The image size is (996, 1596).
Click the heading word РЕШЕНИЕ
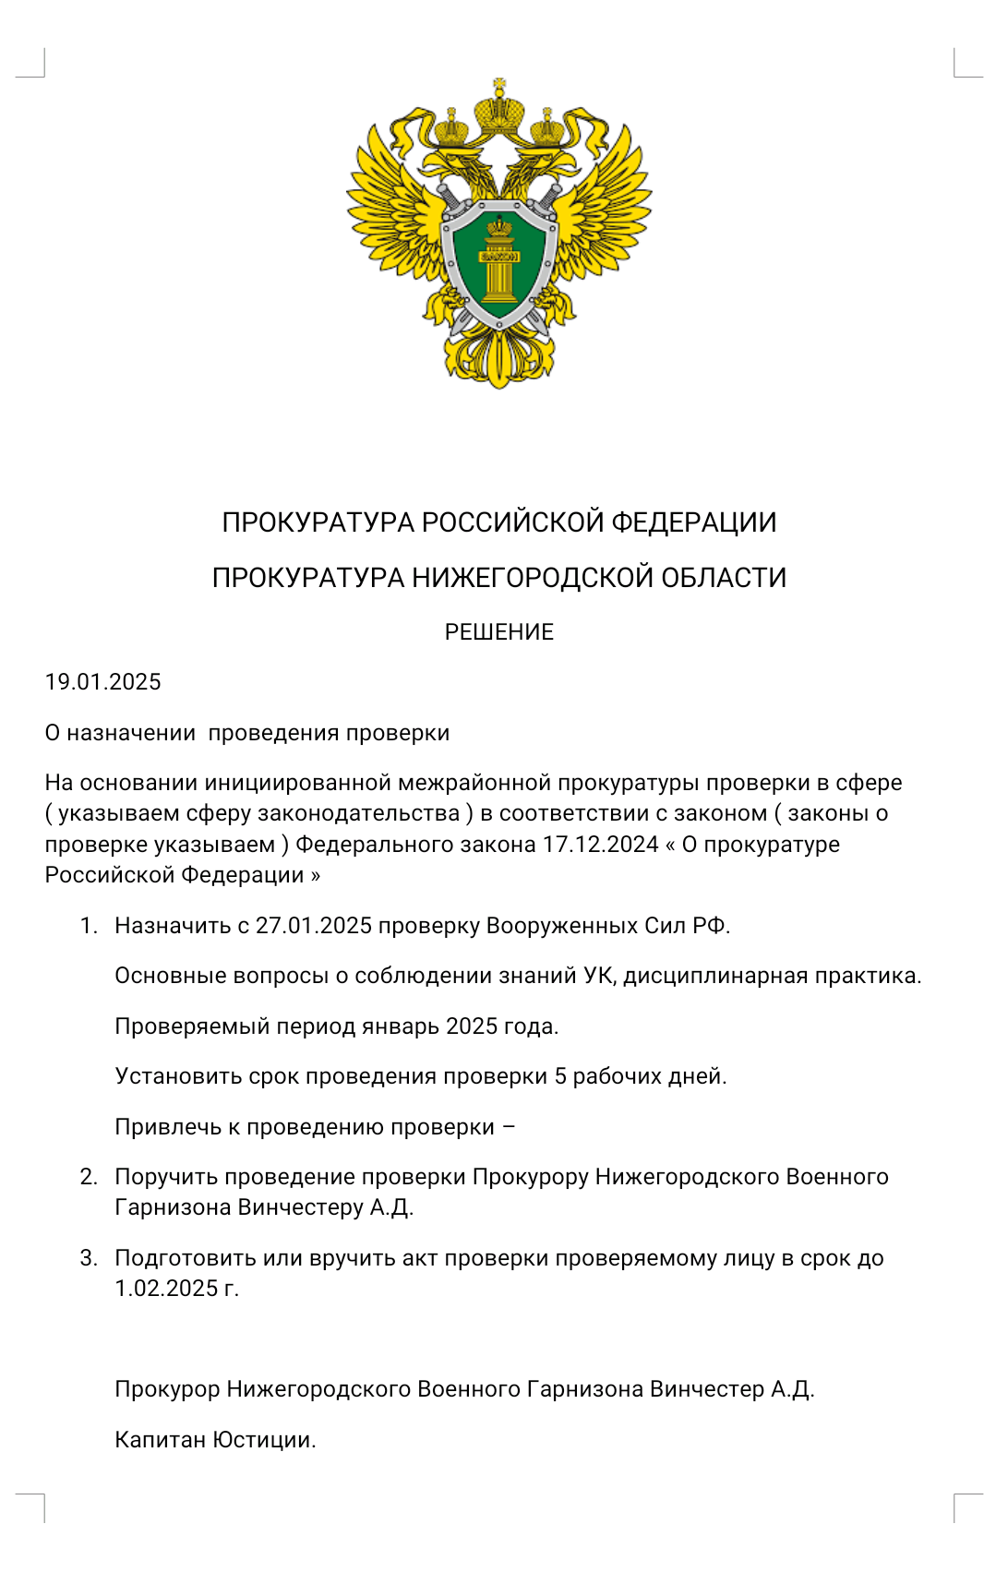498,632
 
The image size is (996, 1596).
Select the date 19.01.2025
102,682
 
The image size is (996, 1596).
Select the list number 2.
89,1177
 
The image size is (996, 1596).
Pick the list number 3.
89,1258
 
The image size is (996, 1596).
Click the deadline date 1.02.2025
166,1289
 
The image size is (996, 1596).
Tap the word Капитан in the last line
161,1440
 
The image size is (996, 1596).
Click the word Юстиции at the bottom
264,1440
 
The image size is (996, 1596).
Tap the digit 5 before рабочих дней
560,1076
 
